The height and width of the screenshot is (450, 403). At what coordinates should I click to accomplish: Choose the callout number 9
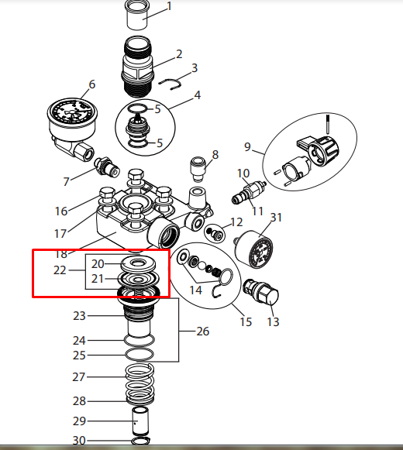point(248,146)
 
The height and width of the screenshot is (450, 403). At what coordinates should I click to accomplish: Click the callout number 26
point(203,331)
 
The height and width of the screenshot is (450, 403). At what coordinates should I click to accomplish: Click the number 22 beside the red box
point(60,270)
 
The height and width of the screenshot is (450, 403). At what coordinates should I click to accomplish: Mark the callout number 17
point(61,232)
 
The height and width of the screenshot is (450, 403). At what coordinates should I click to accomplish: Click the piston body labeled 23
point(139,318)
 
